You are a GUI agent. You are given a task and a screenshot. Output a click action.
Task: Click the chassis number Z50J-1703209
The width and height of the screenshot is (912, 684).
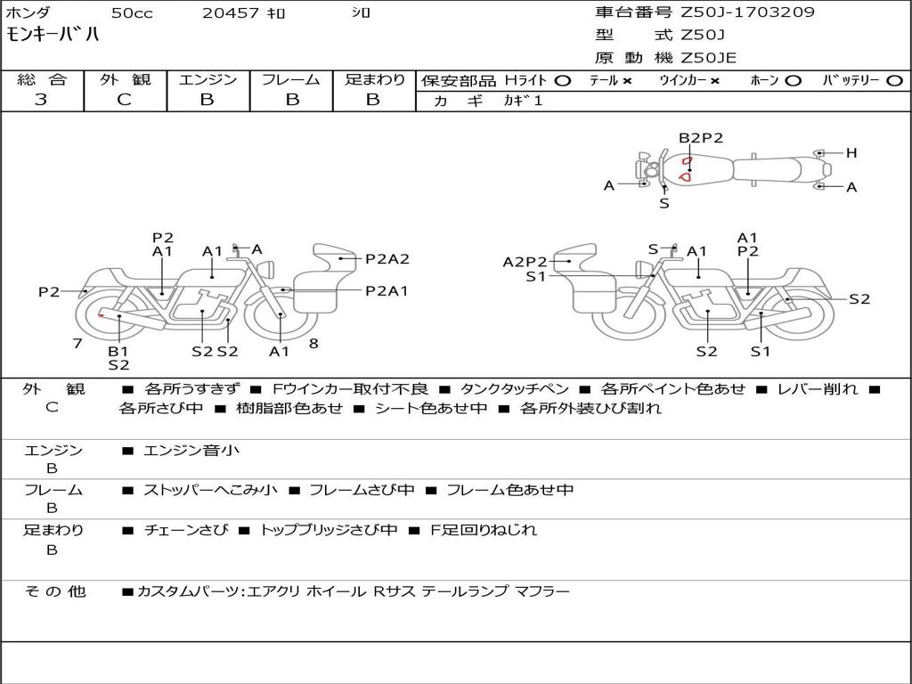pyautogui.click(x=747, y=12)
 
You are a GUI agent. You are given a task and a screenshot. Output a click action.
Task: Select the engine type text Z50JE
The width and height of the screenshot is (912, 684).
pyautogui.click(x=708, y=58)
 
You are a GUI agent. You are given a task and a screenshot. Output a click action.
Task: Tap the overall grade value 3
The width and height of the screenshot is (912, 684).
pyautogui.click(x=41, y=100)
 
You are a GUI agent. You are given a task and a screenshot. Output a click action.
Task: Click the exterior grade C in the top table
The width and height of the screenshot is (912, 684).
pyautogui.click(x=124, y=100)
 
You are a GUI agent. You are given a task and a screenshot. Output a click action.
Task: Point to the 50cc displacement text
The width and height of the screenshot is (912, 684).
pyautogui.click(x=132, y=12)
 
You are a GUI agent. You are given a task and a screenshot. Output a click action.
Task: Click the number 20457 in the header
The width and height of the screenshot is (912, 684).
pyautogui.click(x=231, y=12)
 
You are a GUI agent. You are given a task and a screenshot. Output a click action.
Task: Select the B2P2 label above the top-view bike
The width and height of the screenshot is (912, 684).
pyautogui.click(x=701, y=138)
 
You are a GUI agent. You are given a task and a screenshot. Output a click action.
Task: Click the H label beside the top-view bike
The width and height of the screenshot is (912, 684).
pyautogui.click(x=851, y=153)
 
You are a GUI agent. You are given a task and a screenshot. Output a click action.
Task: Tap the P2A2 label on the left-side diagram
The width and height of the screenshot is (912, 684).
pyautogui.click(x=387, y=259)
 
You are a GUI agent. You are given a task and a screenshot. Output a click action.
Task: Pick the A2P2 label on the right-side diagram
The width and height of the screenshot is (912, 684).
pyautogui.click(x=525, y=262)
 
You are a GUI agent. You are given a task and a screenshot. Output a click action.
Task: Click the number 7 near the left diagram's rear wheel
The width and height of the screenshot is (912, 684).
pyautogui.click(x=77, y=343)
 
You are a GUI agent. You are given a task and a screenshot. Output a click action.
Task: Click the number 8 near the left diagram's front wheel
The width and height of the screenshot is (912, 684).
pyautogui.click(x=313, y=343)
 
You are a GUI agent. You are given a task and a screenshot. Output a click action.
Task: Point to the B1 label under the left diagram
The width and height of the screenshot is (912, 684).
pyautogui.click(x=118, y=351)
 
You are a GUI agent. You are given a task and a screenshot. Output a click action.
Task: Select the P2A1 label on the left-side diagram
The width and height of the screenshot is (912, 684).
pyautogui.click(x=387, y=290)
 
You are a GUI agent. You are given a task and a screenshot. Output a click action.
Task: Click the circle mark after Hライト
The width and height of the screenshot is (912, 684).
pyautogui.click(x=563, y=81)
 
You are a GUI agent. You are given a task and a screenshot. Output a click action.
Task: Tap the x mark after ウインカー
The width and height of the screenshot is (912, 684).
pyautogui.click(x=715, y=81)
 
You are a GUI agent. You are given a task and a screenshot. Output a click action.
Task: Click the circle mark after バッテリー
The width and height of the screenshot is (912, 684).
pyautogui.click(x=895, y=81)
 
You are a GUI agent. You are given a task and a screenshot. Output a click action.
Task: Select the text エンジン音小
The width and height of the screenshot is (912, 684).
pyautogui.click(x=191, y=450)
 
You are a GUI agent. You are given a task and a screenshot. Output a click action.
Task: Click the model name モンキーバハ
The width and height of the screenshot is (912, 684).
pyautogui.click(x=53, y=34)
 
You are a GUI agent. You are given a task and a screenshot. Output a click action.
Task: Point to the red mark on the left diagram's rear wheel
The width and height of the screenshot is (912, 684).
pyautogui.click(x=101, y=315)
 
